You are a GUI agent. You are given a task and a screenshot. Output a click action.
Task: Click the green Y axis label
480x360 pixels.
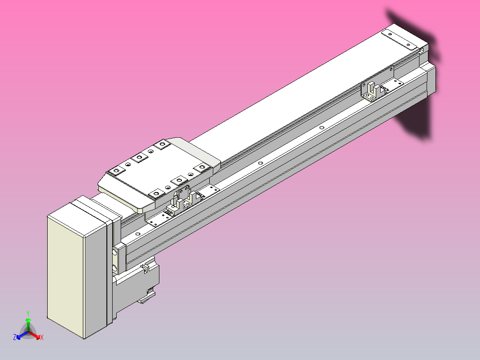tap(28, 313)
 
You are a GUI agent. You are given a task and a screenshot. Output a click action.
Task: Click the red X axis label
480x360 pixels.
tap(41, 338)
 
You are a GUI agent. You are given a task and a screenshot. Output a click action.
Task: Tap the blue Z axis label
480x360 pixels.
tap(15, 338)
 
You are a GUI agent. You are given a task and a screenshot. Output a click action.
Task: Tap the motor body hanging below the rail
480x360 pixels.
tap(138, 281)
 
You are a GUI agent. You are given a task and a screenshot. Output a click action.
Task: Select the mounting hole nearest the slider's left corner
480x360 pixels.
tap(118, 171)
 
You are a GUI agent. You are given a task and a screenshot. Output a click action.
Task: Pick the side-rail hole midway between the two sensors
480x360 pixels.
tap(321, 127)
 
